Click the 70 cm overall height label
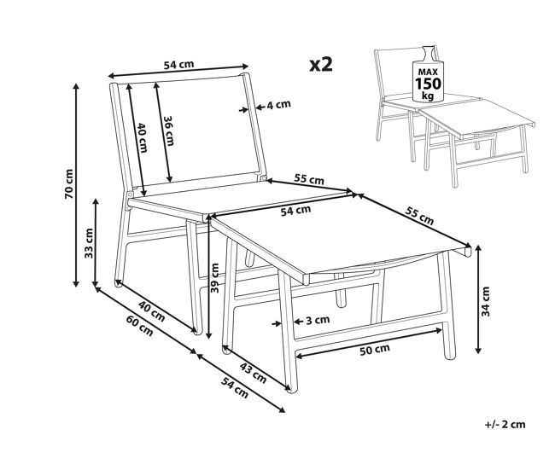69,184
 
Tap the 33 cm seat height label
89,243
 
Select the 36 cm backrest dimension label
169,131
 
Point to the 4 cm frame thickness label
278,105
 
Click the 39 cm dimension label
214,278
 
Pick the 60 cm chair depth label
140,325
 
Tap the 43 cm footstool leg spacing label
253,373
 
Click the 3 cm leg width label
318,321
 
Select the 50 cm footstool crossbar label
375,350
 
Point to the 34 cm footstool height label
486,301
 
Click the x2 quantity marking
321,65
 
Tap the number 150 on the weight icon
429,84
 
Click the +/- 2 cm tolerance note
505,425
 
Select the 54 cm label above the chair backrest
178,65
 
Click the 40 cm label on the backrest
143,137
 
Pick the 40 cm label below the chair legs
151,311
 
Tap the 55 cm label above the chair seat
309,179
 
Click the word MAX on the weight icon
429,72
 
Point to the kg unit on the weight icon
429,96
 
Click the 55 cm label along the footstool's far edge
419,216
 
